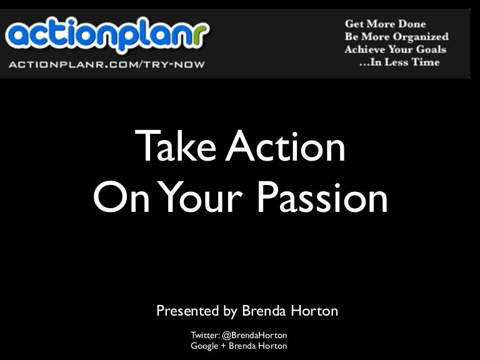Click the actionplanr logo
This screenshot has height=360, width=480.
(107, 36)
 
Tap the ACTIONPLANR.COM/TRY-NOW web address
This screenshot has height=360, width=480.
(106, 64)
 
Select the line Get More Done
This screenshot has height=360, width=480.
(385, 24)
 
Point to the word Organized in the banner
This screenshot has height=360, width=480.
(419, 36)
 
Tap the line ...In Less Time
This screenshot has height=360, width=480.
(399, 62)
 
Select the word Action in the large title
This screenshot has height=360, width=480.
(285, 147)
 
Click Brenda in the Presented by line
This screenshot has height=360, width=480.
(263, 311)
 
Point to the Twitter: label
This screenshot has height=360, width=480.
(205, 335)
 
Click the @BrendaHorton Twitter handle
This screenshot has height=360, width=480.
(254, 335)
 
